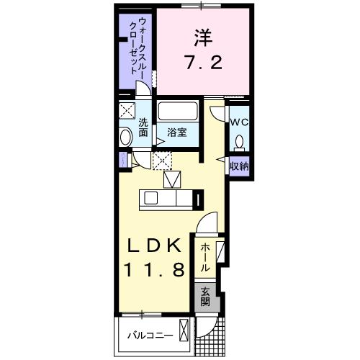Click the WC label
click(239, 121)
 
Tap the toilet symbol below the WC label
click(240, 142)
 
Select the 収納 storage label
click(239, 166)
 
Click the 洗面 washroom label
click(143, 127)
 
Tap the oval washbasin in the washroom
click(125, 136)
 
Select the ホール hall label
click(204, 256)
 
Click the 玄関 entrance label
click(204, 296)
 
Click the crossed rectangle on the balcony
click(185, 333)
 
